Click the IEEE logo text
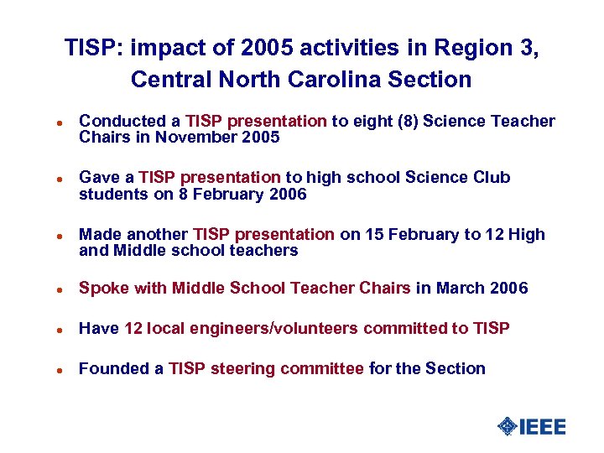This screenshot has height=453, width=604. click(543, 426)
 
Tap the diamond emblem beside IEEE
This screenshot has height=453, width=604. click(507, 426)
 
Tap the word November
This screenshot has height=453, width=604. click(186, 137)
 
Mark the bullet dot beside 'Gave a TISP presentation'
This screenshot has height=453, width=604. click(49, 179)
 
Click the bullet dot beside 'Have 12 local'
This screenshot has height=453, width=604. click(49, 330)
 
